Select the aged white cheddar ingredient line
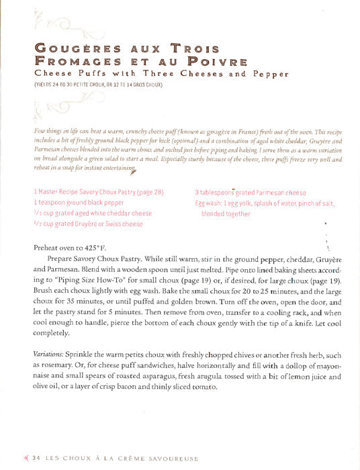pos(93,213)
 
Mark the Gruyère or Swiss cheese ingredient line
pos(88,224)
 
